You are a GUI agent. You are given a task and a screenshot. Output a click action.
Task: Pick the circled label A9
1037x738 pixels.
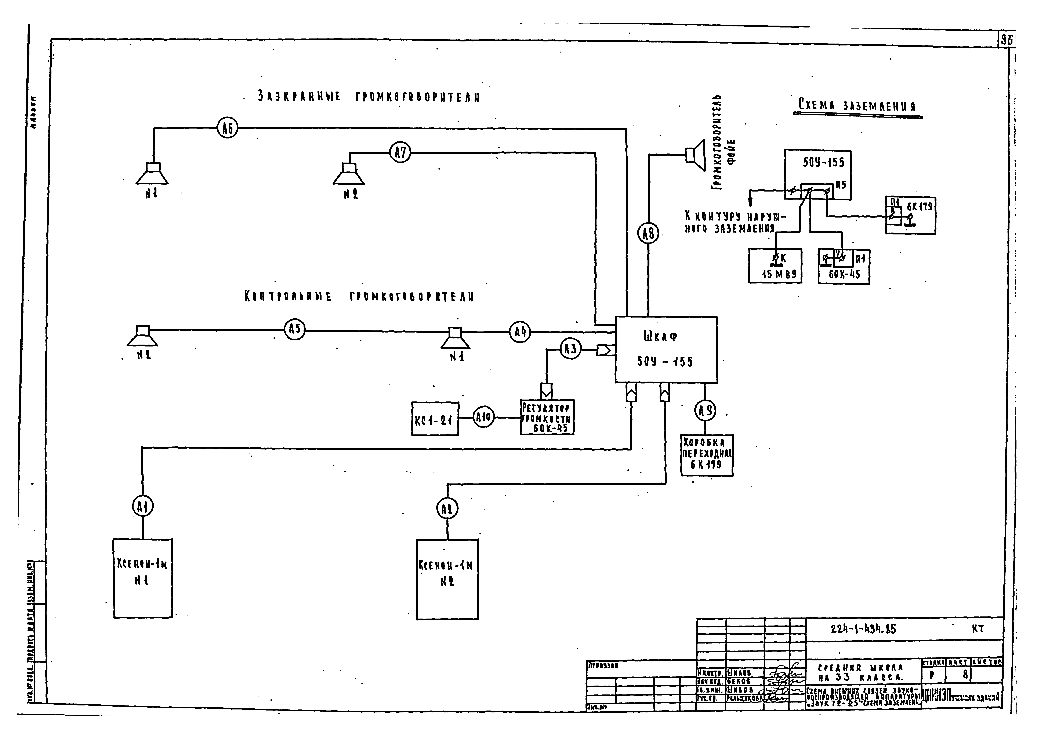click(x=705, y=411)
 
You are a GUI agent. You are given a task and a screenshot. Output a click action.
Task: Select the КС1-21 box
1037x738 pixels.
click(x=435, y=419)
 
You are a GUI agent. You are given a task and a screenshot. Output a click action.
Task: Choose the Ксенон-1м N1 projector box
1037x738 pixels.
click(x=143, y=578)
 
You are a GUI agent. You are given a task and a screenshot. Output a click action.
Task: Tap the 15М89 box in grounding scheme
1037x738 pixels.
click(x=775, y=266)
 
